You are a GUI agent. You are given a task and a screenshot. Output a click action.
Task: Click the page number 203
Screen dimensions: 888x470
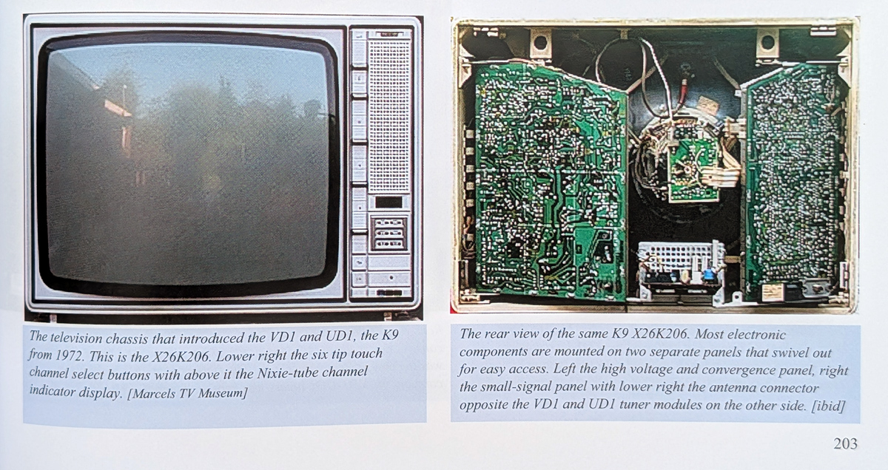pos(845,443)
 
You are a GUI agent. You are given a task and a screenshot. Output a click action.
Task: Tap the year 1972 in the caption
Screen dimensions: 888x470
pos(67,356)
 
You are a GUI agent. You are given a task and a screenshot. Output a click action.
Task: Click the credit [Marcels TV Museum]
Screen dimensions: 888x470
pos(187,393)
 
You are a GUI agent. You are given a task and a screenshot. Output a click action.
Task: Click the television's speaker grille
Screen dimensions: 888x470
pos(388,115)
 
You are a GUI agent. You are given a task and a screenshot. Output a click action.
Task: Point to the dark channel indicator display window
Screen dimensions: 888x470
pos(388,202)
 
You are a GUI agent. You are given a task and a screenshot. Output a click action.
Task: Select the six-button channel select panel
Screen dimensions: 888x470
pos(388,234)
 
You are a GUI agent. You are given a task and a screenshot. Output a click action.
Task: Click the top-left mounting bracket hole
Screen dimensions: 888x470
pos(540,42)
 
